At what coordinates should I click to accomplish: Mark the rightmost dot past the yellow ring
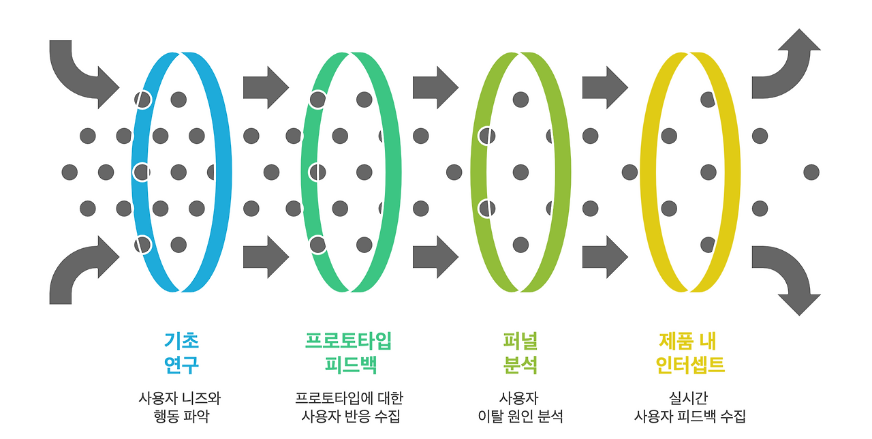point(811,172)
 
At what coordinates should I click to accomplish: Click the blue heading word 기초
point(181,340)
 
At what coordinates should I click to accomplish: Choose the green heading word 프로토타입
point(348,340)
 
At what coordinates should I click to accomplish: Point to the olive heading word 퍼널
point(520,340)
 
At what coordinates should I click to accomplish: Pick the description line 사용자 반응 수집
point(350,416)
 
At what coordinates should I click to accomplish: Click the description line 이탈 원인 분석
point(520,416)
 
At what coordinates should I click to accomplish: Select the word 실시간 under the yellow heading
point(689,397)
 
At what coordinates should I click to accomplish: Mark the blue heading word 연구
point(181,365)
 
